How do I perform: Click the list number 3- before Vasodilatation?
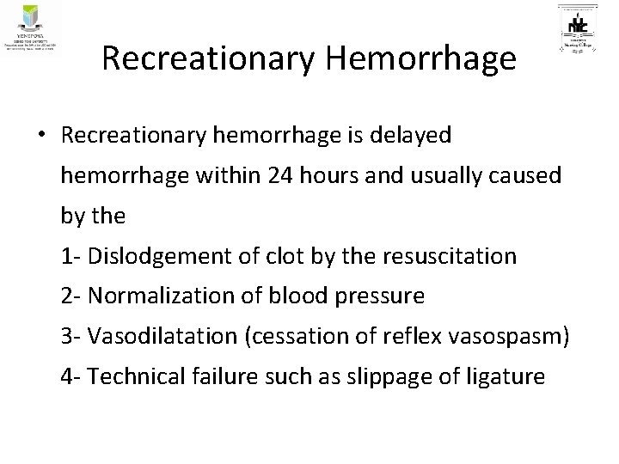pos(71,336)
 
